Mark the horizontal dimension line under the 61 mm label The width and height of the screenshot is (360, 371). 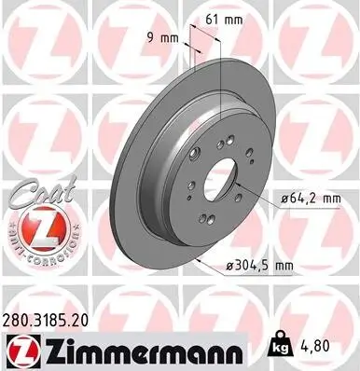[x=206, y=27]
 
